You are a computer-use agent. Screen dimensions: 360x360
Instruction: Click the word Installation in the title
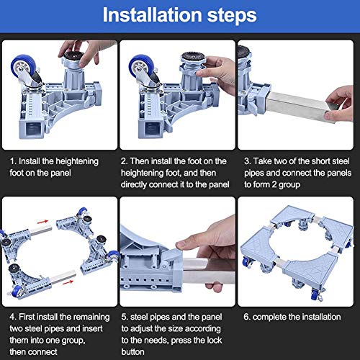click(x=153, y=15)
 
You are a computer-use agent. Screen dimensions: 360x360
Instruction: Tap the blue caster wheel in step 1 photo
click(x=23, y=66)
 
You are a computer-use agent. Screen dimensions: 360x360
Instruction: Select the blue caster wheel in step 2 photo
click(x=141, y=66)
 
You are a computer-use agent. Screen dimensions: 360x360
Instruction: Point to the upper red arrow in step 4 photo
click(x=42, y=222)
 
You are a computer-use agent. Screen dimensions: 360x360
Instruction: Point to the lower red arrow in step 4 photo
click(x=68, y=282)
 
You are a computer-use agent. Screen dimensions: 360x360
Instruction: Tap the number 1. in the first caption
click(x=13, y=161)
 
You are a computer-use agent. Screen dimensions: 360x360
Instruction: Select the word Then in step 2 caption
click(x=139, y=161)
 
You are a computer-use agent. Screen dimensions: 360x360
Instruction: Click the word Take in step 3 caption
click(x=263, y=161)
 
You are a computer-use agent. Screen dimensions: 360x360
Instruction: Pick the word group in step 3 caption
click(x=289, y=185)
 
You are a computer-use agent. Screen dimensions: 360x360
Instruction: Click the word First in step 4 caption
click(x=27, y=317)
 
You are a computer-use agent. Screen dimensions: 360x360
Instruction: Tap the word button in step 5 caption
click(x=132, y=352)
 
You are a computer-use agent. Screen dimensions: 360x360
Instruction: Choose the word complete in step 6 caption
click(x=269, y=318)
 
